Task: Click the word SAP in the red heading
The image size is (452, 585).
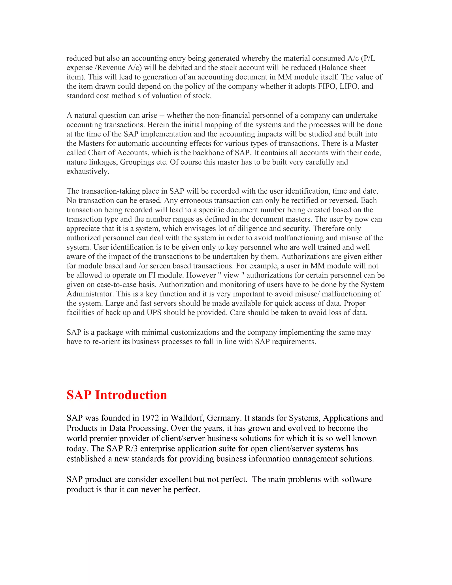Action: click(x=79, y=395)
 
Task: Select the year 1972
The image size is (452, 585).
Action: click(x=150, y=418)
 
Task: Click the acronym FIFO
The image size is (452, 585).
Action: click(x=327, y=86)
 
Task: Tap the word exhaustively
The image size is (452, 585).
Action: click(x=88, y=172)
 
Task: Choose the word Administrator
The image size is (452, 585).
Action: click(x=91, y=294)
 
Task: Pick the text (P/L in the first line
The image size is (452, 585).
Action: click(x=368, y=58)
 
